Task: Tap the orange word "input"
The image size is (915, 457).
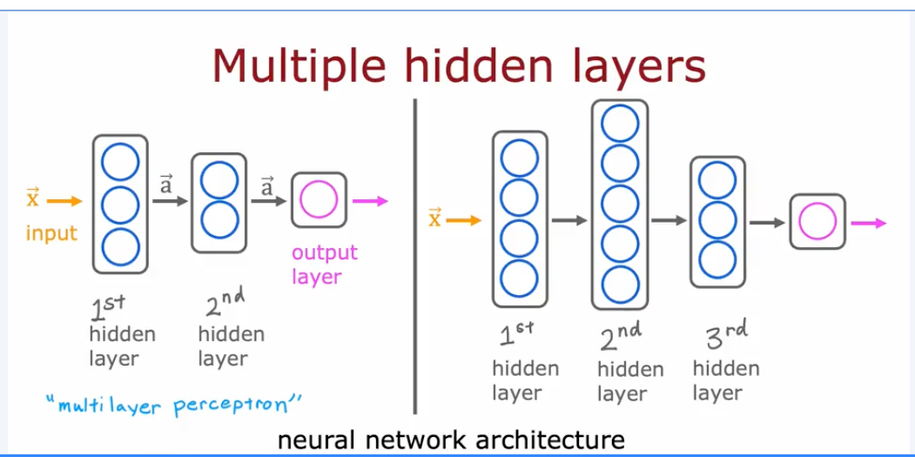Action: pyautogui.click(x=51, y=233)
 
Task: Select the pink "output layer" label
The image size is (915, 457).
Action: pyautogui.click(x=324, y=265)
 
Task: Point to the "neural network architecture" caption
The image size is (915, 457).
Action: pyautogui.click(x=451, y=440)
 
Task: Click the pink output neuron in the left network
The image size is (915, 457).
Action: pyautogui.click(x=318, y=201)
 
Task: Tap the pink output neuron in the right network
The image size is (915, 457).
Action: pyautogui.click(x=817, y=223)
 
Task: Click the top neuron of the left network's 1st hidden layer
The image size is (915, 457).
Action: pyautogui.click(x=120, y=162)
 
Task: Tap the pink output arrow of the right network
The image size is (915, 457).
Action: pyautogui.click(x=868, y=223)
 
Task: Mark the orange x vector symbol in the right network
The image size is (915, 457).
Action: pyautogui.click(x=435, y=218)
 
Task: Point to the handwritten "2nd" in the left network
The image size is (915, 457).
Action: pyautogui.click(x=225, y=304)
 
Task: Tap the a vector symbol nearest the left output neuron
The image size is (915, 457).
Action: pyautogui.click(x=266, y=185)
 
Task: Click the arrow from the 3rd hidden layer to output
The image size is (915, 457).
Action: pyautogui.click(x=767, y=222)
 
